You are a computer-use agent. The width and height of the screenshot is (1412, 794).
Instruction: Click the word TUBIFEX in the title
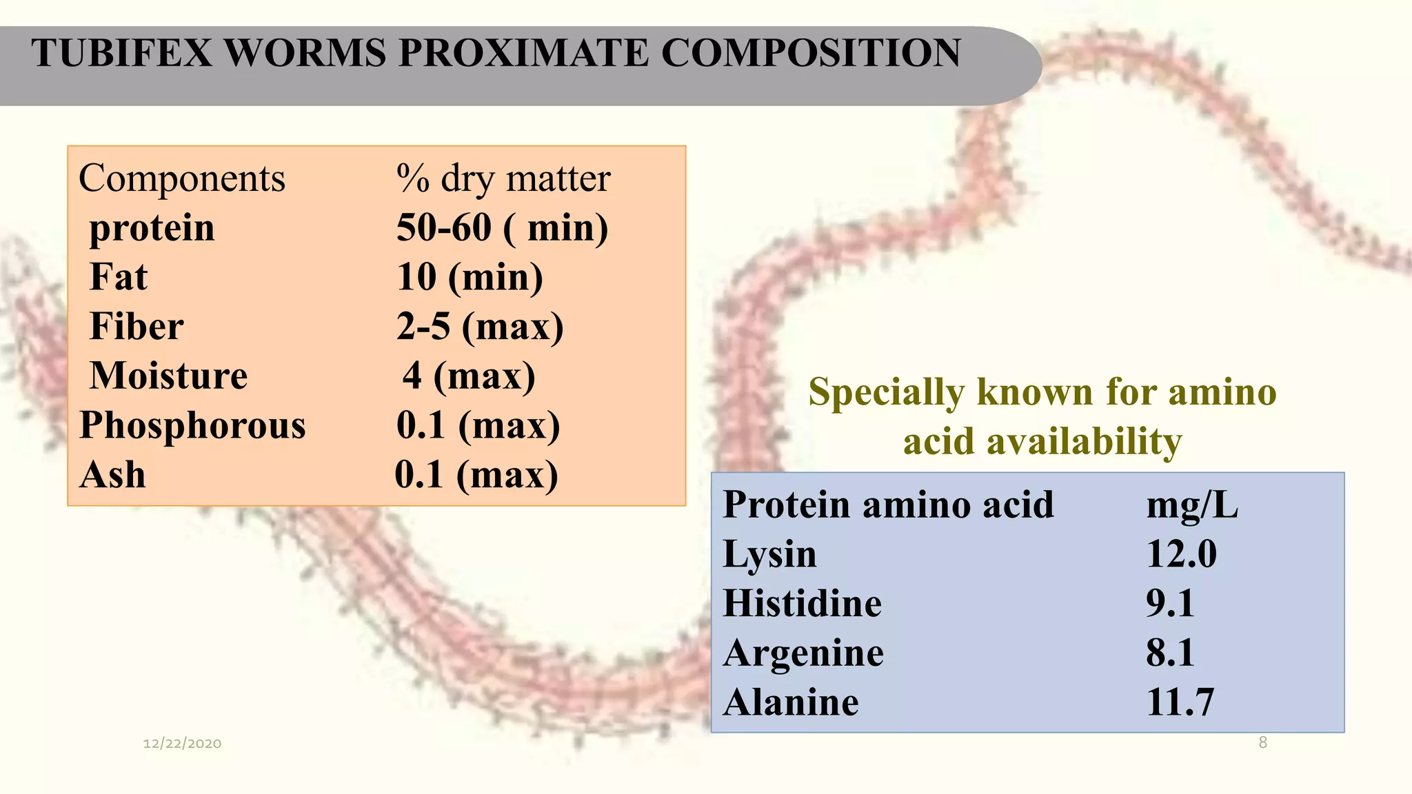(x=122, y=53)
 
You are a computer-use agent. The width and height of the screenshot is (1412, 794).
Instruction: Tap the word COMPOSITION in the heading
(x=811, y=53)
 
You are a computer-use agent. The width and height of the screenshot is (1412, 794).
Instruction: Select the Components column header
(x=182, y=179)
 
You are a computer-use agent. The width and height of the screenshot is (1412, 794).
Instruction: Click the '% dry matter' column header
(x=503, y=179)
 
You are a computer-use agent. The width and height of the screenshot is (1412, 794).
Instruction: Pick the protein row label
(x=152, y=228)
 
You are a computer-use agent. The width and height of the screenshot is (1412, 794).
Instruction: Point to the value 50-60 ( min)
(x=502, y=228)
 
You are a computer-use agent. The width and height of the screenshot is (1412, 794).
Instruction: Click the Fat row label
(x=119, y=277)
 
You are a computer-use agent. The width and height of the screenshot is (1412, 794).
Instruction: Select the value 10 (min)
(x=470, y=277)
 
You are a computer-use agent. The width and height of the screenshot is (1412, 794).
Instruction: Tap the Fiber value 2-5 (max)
(x=480, y=327)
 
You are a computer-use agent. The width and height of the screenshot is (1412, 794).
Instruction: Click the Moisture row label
(x=169, y=376)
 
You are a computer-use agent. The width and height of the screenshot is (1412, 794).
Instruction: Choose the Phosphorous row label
(x=192, y=425)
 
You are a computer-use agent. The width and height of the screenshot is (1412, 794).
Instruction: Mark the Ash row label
(x=112, y=475)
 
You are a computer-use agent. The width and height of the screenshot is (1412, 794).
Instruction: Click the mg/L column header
(x=1192, y=505)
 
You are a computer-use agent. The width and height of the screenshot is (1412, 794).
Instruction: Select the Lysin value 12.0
(x=1181, y=554)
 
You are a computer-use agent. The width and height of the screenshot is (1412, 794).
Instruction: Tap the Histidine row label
(x=803, y=604)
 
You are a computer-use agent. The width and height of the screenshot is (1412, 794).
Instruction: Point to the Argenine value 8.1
(x=1170, y=653)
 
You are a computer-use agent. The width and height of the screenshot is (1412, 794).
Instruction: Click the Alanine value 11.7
(x=1180, y=702)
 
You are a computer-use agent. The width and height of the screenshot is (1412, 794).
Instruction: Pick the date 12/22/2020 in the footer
(x=182, y=743)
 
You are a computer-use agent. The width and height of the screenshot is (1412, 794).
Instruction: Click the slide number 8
(x=1262, y=742)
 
